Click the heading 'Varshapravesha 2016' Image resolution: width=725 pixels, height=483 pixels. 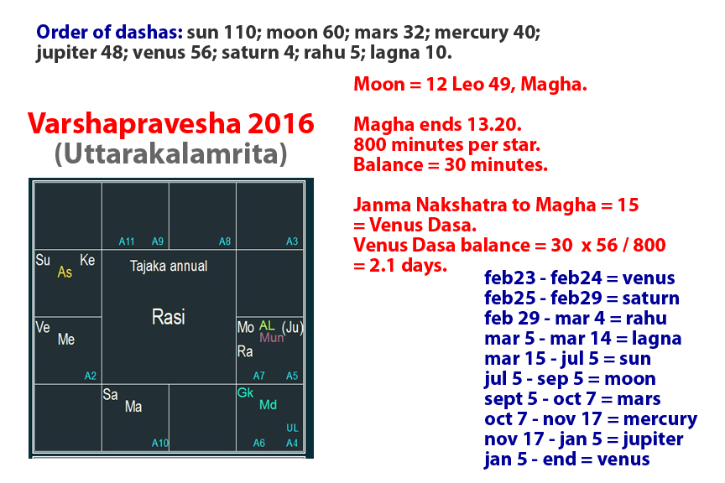point(171,124)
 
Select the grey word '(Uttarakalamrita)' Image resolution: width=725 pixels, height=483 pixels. point(171,154)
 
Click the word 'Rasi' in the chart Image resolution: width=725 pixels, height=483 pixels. point(169,317)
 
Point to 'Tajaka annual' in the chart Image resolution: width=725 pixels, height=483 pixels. point(169,266)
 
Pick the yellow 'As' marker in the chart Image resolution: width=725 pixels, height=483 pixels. point(65,273)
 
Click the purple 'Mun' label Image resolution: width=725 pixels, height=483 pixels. point(272,338)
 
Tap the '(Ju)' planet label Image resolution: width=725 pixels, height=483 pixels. point(292,326)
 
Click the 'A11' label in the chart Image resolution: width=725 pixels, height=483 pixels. point(127,241)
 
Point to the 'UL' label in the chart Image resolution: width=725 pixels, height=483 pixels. point(292,428)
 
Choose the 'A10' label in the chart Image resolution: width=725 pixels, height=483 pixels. point(160,443)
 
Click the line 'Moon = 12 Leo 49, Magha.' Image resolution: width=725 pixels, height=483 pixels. point(455,85)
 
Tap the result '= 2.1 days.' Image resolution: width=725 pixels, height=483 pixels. point(400,266)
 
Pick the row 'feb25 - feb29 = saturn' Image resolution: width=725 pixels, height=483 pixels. point(582,299)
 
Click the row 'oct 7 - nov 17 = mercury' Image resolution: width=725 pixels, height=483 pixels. point(591,419)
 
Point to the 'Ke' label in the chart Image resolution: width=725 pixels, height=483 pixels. point(87,261)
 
